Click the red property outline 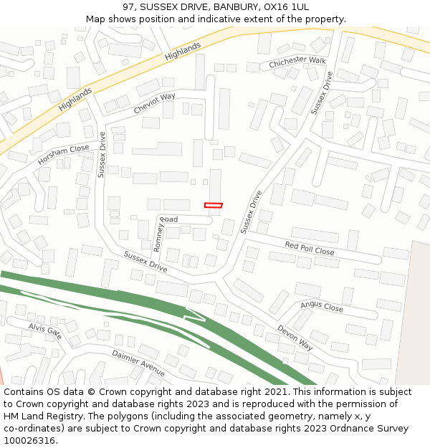pyautogui.click(x=214, y=206)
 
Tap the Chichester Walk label pyautogui.click(x=297, y=63)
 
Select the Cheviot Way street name pyautogui.click(x=154, y=103)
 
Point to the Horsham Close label pyautogui.click(x=64, y=155)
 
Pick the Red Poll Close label pyautogui.click(x=310, y=249)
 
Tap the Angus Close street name pyautogui.click(x=322, y=307)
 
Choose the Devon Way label pyautogui.click(x=295, y=338)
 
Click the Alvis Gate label pyautogui.click(x=45, y=331)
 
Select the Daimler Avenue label pyautogui.click(x=138, y=363)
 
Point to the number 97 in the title pyautogui.click(x=129, y=7)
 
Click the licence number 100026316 pyautogui.click(x=29, y=441)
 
